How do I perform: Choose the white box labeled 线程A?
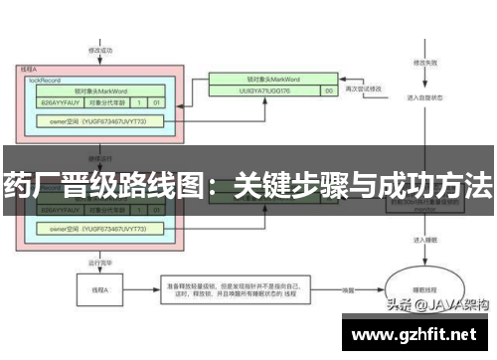pyautogui.click(x=99, y=291)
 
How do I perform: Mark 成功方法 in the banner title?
pyautogui.click(x=436, y=184)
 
